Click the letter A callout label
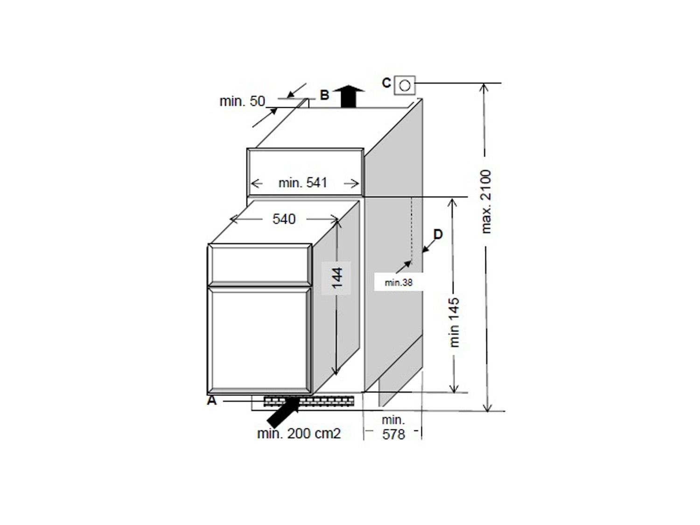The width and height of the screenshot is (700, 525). coord(211,400)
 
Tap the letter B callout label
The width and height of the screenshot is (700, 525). coord(324,95)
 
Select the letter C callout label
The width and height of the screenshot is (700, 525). coord(386,83)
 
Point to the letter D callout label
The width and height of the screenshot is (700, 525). coord(438,234)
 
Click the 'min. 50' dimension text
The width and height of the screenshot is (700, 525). coord(242,101)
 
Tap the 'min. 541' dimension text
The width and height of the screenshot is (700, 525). coord(303,182)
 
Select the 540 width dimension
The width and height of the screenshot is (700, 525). coord(284,219)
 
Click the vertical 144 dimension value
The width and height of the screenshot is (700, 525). coord(337,278)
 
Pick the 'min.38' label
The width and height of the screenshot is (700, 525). coord(399,282)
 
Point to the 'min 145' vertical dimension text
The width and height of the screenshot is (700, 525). coord(454,322)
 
